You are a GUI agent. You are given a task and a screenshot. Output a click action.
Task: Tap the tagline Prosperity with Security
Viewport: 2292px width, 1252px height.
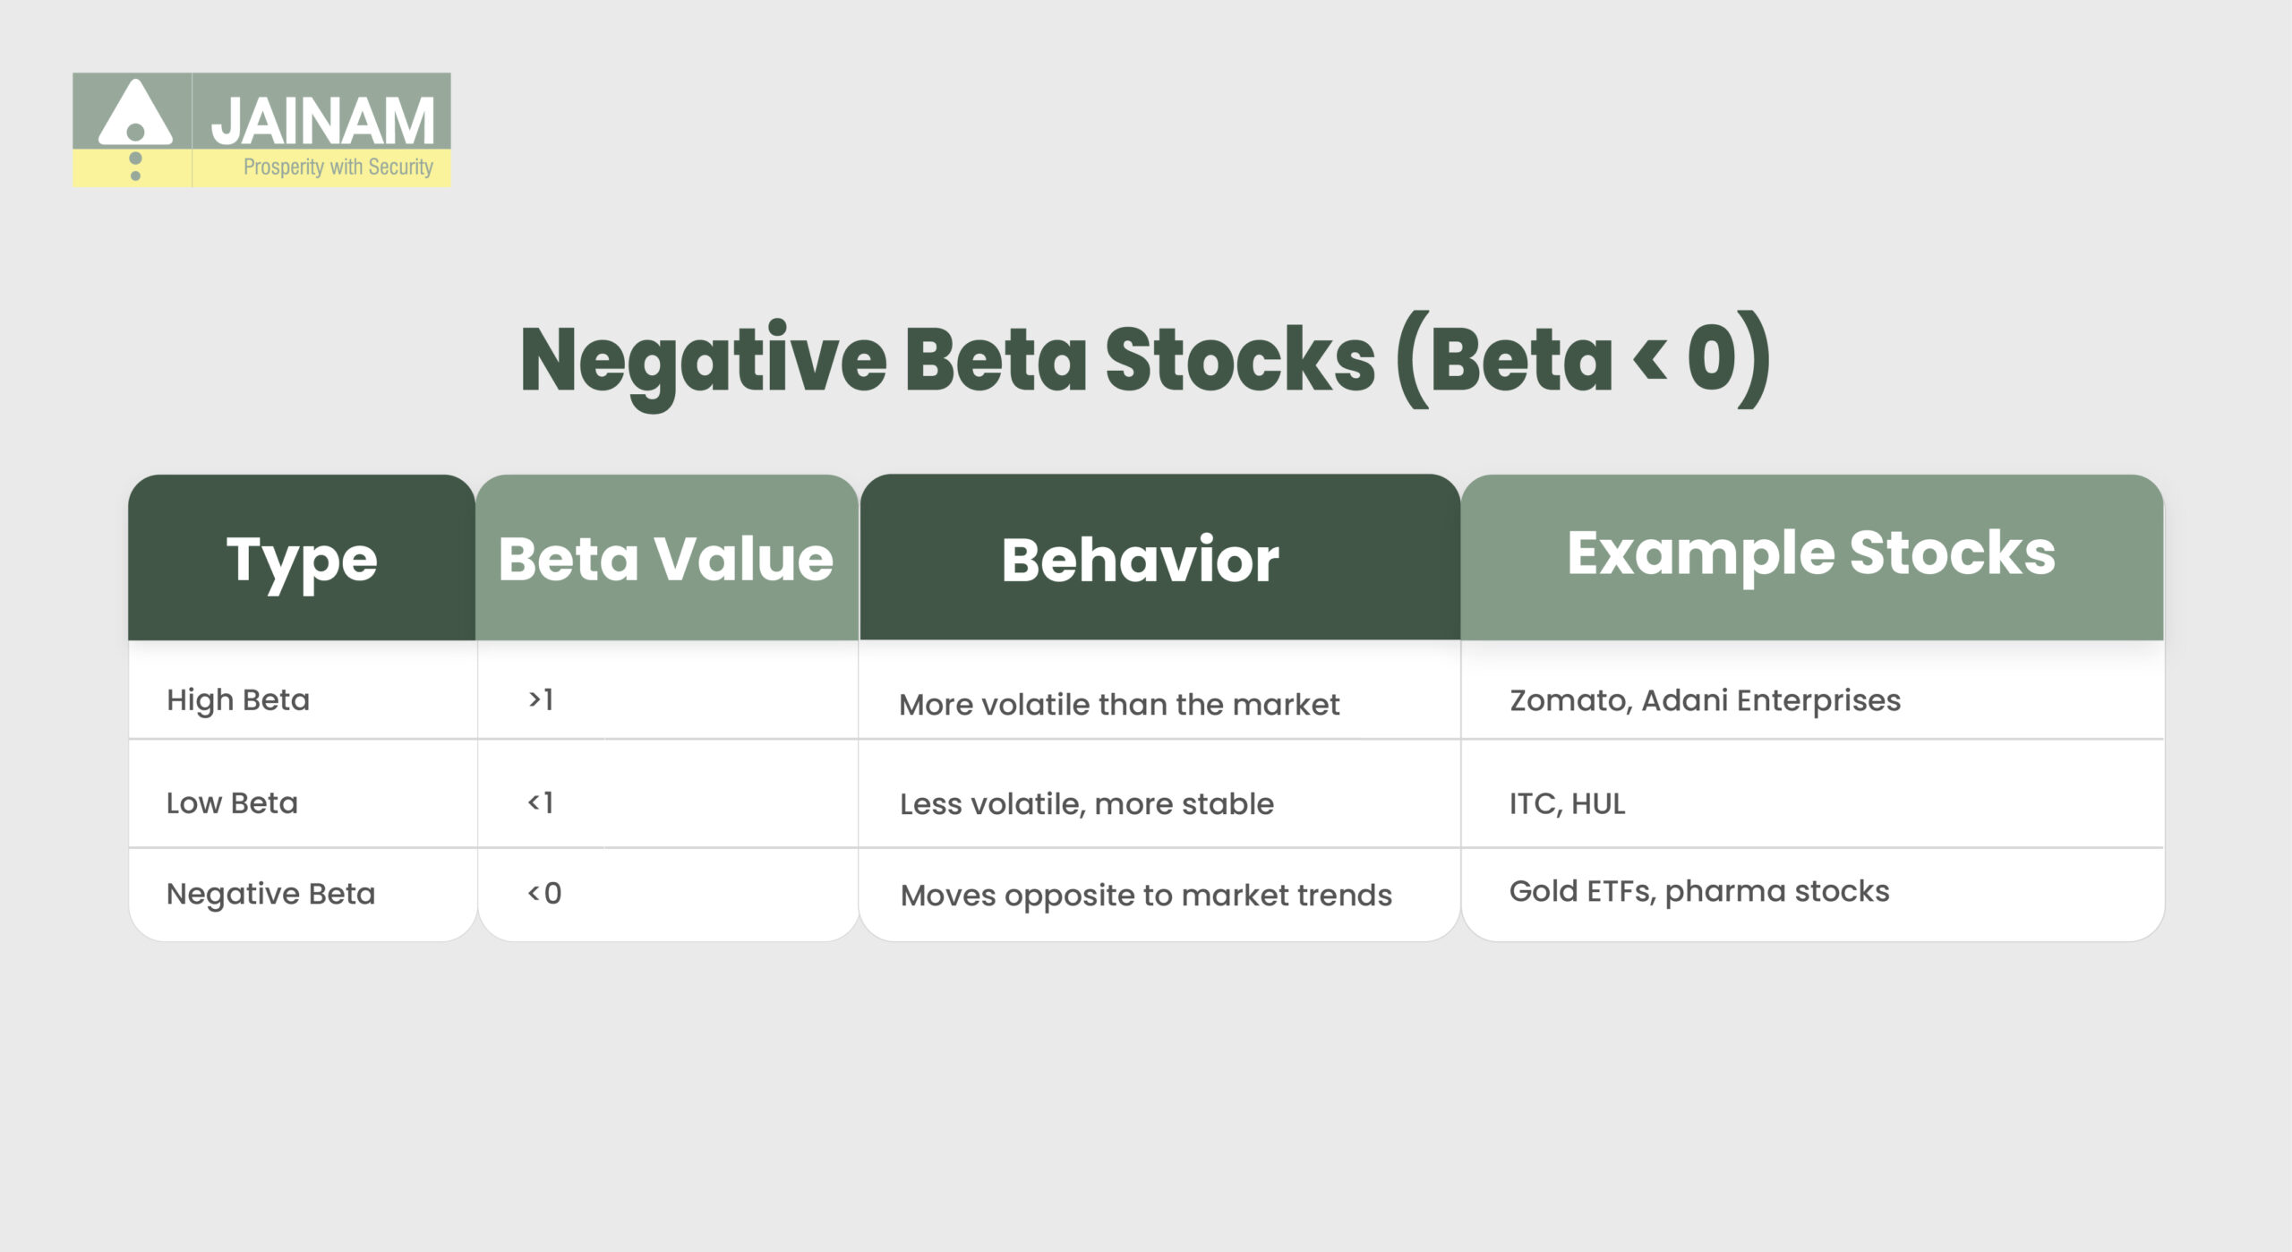pyautogui.click(x=338, y=167)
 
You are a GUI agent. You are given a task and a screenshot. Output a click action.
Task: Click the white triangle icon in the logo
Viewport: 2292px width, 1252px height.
pyautogui.click(x=135, y=115)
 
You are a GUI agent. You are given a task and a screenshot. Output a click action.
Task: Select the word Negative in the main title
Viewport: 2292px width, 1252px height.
pyautogui.click(x=703, y=361)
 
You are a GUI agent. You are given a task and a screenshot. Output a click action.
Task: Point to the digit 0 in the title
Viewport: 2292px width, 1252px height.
pyautogui.click(x=1712, y=358)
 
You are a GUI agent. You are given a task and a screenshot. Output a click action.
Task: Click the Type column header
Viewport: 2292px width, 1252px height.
pyautogui.click(x=302, y=560)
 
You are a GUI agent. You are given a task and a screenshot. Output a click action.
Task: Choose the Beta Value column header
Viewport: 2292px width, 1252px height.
pyautogui.click(x=666, y=560)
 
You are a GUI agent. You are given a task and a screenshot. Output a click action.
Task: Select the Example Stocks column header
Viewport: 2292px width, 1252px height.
pyautogui.click(x=1810, y=553)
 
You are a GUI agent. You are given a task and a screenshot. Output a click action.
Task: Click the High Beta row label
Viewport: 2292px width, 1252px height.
pyautogui.click(x=238, y=699)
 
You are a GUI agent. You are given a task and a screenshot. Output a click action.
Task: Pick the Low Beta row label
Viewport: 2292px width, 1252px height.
pyautogui.click(x=232, y=803)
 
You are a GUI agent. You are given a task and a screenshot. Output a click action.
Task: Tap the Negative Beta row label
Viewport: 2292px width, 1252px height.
pyautogui.click(x=270, y=894)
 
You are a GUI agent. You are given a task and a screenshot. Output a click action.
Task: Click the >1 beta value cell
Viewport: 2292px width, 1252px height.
pyautogui.click(x=541, y=699)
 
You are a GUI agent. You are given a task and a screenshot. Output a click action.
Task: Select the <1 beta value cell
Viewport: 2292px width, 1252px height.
pyautogui.click(x=541, y=802)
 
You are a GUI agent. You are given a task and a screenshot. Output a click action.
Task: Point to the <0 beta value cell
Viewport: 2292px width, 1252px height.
pyautogui.click(x=544, y=893)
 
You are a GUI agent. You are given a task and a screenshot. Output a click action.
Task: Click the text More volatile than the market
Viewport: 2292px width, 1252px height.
pyautogui.click(x=1119, y=705)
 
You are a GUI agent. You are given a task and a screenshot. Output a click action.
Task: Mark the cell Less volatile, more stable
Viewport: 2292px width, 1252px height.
pyautogui.click(x=1086, y=804)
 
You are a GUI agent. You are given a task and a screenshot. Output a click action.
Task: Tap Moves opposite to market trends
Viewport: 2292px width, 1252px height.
pyautogui.click(x=1146, y=896)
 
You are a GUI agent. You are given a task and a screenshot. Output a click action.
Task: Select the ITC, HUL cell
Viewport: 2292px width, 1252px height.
pyautogui.click(x=1567, y=804)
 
